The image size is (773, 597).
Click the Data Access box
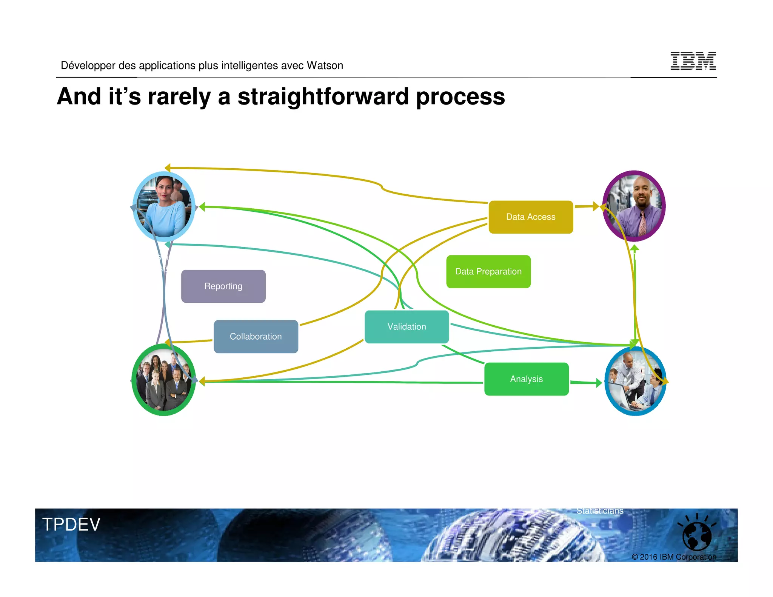(530, 217)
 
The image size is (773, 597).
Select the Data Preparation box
(488, 272)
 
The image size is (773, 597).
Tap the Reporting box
(223, 286)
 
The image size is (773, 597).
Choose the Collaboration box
(256, 337)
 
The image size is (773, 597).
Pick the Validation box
(407, 327)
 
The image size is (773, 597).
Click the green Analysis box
(526, 379)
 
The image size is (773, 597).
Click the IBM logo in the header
(693, 61)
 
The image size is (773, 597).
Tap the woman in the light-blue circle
(164, 206)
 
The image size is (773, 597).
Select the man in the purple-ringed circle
(634, 206)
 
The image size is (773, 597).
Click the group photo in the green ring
(164, 380)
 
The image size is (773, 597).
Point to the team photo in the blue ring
(635, 381)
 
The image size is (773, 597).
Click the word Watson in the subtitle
(325, 66)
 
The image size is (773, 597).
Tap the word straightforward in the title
(323, 96)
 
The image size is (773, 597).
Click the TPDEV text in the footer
(71, 525)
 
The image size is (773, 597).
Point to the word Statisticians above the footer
(599, 511)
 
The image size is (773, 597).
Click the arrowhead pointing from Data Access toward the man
(596, 206)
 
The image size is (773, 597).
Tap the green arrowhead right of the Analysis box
(599, 383)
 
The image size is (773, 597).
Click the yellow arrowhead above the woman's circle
(168, 168)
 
